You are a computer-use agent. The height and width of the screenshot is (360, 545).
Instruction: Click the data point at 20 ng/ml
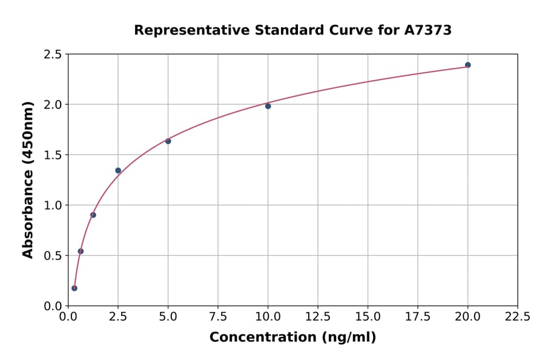pyautogui.click(x=467, y=65)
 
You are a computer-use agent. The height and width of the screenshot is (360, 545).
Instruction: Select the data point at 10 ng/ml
pyautogui.click(x=268, y=106)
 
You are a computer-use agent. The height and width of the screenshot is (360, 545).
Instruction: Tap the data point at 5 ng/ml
pyautogui.click(x=168, y=141)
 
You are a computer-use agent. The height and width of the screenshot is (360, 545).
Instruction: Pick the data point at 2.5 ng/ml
pyautogui.click(x=118, y=170)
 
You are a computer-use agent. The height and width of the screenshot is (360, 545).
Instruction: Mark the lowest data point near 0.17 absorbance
pyautogui.click(x=74, y=288)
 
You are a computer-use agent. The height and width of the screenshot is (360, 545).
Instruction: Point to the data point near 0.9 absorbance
pyautogui.click(x=93, y=215)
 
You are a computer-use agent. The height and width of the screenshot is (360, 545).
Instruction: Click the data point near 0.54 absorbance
pyautogui.click(x=81, y=251)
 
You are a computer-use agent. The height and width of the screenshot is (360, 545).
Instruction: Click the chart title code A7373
pyautogui.click(x=428, y=30)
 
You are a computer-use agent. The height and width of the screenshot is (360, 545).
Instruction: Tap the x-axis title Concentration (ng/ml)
pyautogui.click(x=292, y=338)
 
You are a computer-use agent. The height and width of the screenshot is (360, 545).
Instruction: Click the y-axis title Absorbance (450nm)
pyautogui.click(x=28, y=179)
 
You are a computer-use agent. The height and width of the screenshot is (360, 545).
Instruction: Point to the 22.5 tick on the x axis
pyautogui.click(x=517, y=317)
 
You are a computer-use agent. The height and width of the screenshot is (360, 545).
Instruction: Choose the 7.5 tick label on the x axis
pyautogui.click(x=218, y=317)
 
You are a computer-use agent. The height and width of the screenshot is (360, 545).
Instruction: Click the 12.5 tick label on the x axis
pyautogui.click(x=318, y=317)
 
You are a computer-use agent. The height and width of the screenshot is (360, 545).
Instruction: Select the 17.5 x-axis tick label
pyautogui.click(x=418, y=317)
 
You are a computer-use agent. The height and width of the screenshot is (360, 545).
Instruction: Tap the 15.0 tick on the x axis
pyautogui.click(x=368, y=317)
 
